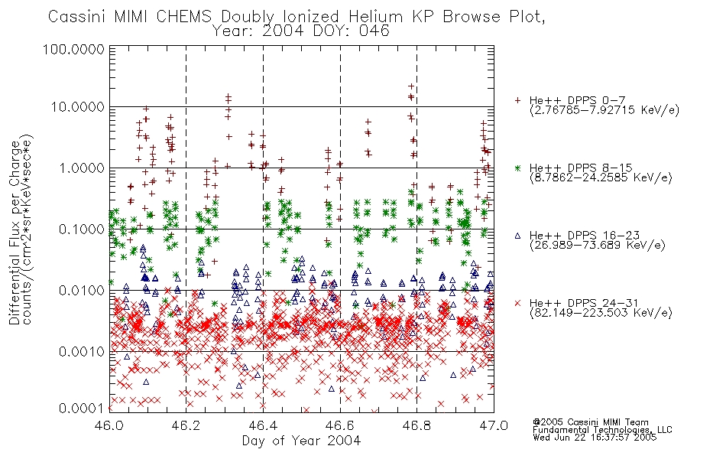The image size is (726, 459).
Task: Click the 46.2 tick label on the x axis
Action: pyautogui.click(x=186, y=425)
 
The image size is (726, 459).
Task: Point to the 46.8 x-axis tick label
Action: pyautogui.click(x=416, y=425)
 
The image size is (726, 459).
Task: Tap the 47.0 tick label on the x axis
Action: pyautogui.click(x=494, y=425)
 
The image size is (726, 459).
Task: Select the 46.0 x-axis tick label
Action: pyautogui.click(x=109, y=425)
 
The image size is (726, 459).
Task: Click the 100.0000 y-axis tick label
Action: pyautogui.click(x=73, y=49)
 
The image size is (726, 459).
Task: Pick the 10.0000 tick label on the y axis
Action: pyautogui.click(x=78, y=107)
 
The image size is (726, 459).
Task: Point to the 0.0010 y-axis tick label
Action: pyautogui.click(x=82, y=352)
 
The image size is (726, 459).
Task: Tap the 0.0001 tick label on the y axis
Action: pyautogui.click(x=82, y=409)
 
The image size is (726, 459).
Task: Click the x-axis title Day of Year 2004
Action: pyautogui.click(x=301, y=441)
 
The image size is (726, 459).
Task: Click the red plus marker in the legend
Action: pyautogui.click(x=517, y=100)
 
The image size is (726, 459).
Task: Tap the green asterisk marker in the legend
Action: pyautogui.click(x=517, y=168)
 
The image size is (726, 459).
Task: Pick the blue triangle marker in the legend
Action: pyautogui.click(x=517, y=236)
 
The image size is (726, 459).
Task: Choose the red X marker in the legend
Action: pyautogui.click(x=517, y=303)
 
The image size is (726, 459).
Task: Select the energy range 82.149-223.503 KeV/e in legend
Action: pyautogui.click(x=601, y=312)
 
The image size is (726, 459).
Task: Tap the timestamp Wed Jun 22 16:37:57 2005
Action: pyautogui.click(x=595, y=437)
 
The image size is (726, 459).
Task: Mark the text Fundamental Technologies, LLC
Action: pyautogui.click(x=602, y=430)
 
